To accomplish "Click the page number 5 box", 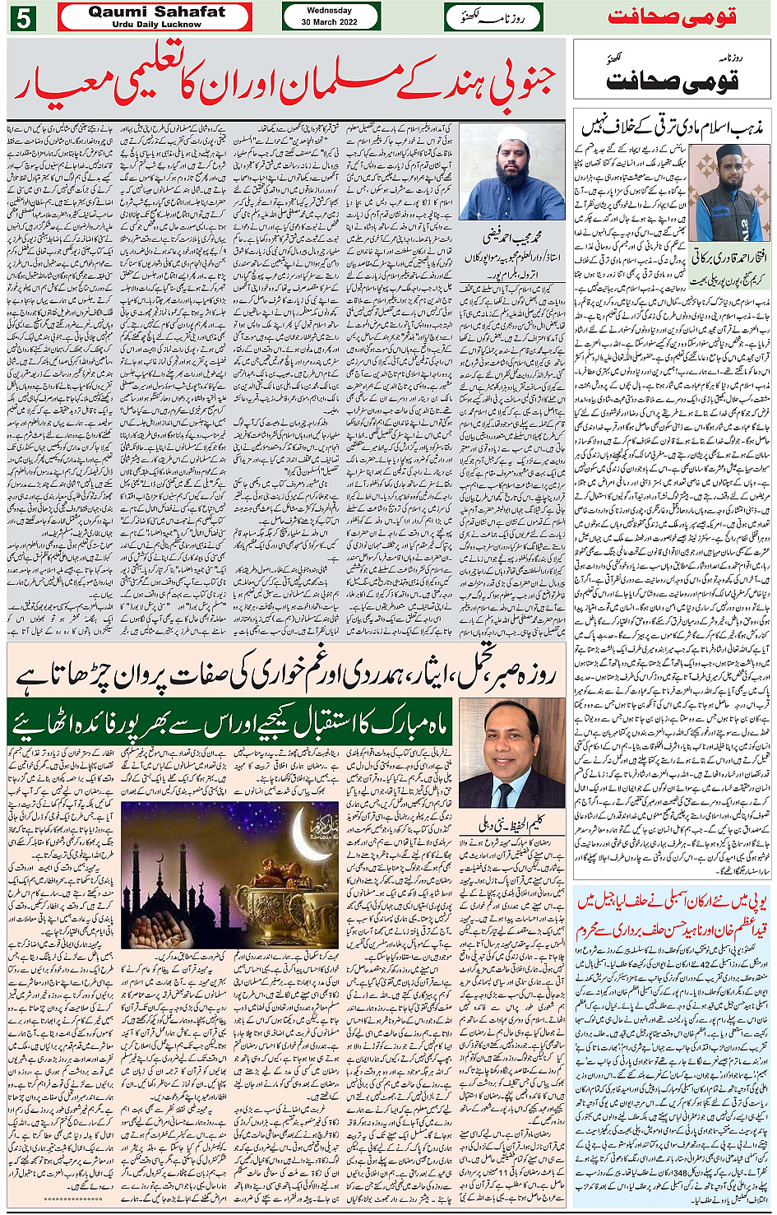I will tap(23, 17).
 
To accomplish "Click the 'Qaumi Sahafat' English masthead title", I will tap(156, 12).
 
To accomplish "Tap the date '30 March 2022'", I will tap(329, 22).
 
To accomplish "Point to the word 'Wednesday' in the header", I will tap(329, 11).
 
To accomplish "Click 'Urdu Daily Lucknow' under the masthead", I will tap(156, 25).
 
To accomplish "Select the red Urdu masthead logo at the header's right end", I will tap(672, 17).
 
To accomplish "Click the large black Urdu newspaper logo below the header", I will tap(672, 80).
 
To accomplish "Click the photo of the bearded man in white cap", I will tap(511, 172).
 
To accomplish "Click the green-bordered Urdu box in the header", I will tap(493, 16).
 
